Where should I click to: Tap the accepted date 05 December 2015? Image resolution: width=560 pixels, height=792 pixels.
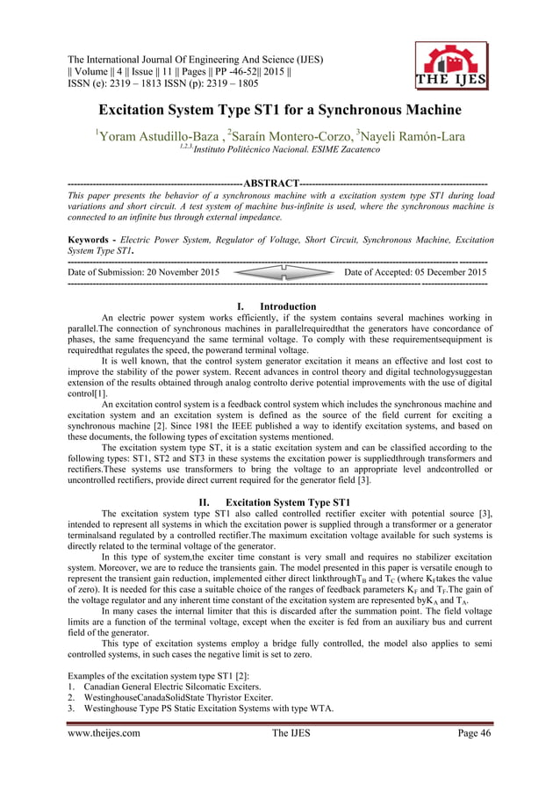tap(443, 273)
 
